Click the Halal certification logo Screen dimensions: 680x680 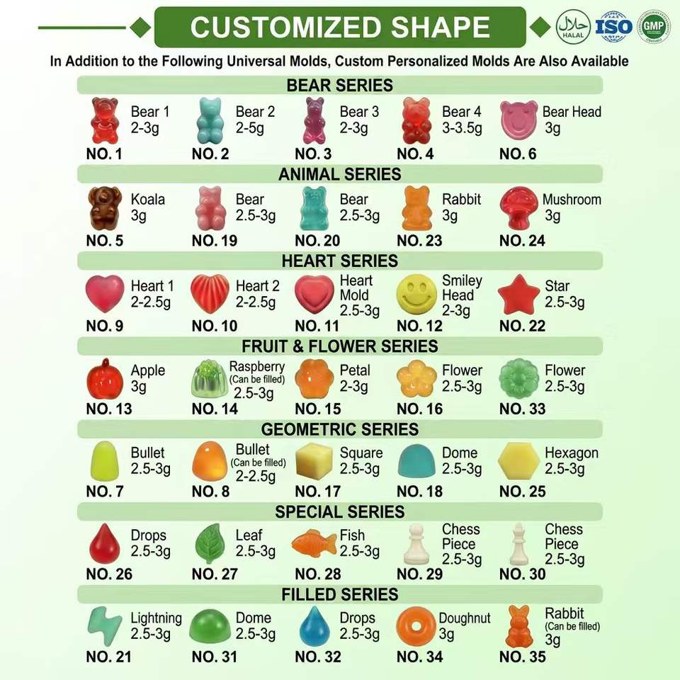pyautogui.click(x=573, y=26)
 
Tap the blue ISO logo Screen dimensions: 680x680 pyautogui.click(x=613, y=27)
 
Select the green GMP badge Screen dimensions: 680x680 pyautogui.click(x=653, y=26)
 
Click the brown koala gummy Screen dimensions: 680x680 pyautogui.click(x=105, y=208)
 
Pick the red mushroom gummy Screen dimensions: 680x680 pyautogui.click(x=518, y=208)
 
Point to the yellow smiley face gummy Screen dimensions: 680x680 pyautogui.click(x=416, y=294)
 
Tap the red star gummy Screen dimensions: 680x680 pyautogui.click(x=518, y=295)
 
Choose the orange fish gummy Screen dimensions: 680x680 pyautogui.click(x=314, y=543)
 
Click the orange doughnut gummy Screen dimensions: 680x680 pyautogui.click(x=416, y=626)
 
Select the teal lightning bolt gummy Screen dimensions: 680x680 pyautogui.click(x=105, y=625)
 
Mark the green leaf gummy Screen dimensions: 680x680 pyautogui.click(x=210, y=544)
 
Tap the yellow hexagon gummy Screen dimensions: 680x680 pyautogui.click(x=518, y=461)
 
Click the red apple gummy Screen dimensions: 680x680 pyautogui.click(x=105, y=379)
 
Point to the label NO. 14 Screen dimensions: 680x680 pyautogui.click(x=215, y=409)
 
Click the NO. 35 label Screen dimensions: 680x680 pyautogui.click(x=522, y=657)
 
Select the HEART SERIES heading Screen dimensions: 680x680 pyautogui.click(x=339, y=261)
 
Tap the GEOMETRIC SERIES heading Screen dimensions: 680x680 pyautogui.click(x=339, y=429)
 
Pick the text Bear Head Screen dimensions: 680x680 pyautogui.click(x=572, y=112)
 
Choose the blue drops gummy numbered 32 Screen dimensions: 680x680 pyautogui.click(x=314, y=626)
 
